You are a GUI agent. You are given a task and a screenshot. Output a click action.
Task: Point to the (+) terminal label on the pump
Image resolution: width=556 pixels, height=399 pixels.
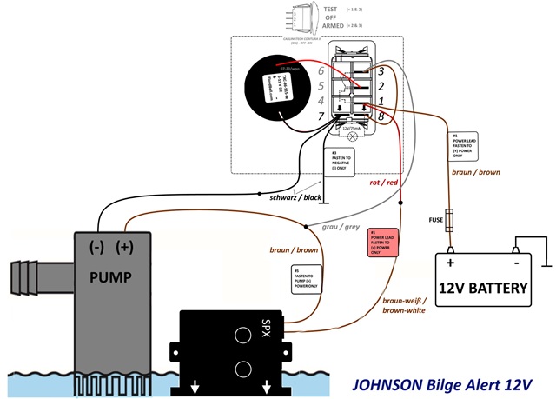pyautogui.click(x=127, y=247)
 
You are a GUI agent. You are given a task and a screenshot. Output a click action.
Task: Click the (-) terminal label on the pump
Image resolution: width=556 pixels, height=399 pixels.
pyautogui.click(x=96, y=247)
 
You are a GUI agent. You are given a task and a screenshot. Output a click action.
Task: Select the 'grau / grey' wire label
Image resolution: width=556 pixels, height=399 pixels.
pyautogui.click(x=341, y=227)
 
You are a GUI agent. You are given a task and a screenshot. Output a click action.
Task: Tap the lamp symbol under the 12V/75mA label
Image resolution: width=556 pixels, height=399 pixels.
pyautogui.click(x=352, y=138)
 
